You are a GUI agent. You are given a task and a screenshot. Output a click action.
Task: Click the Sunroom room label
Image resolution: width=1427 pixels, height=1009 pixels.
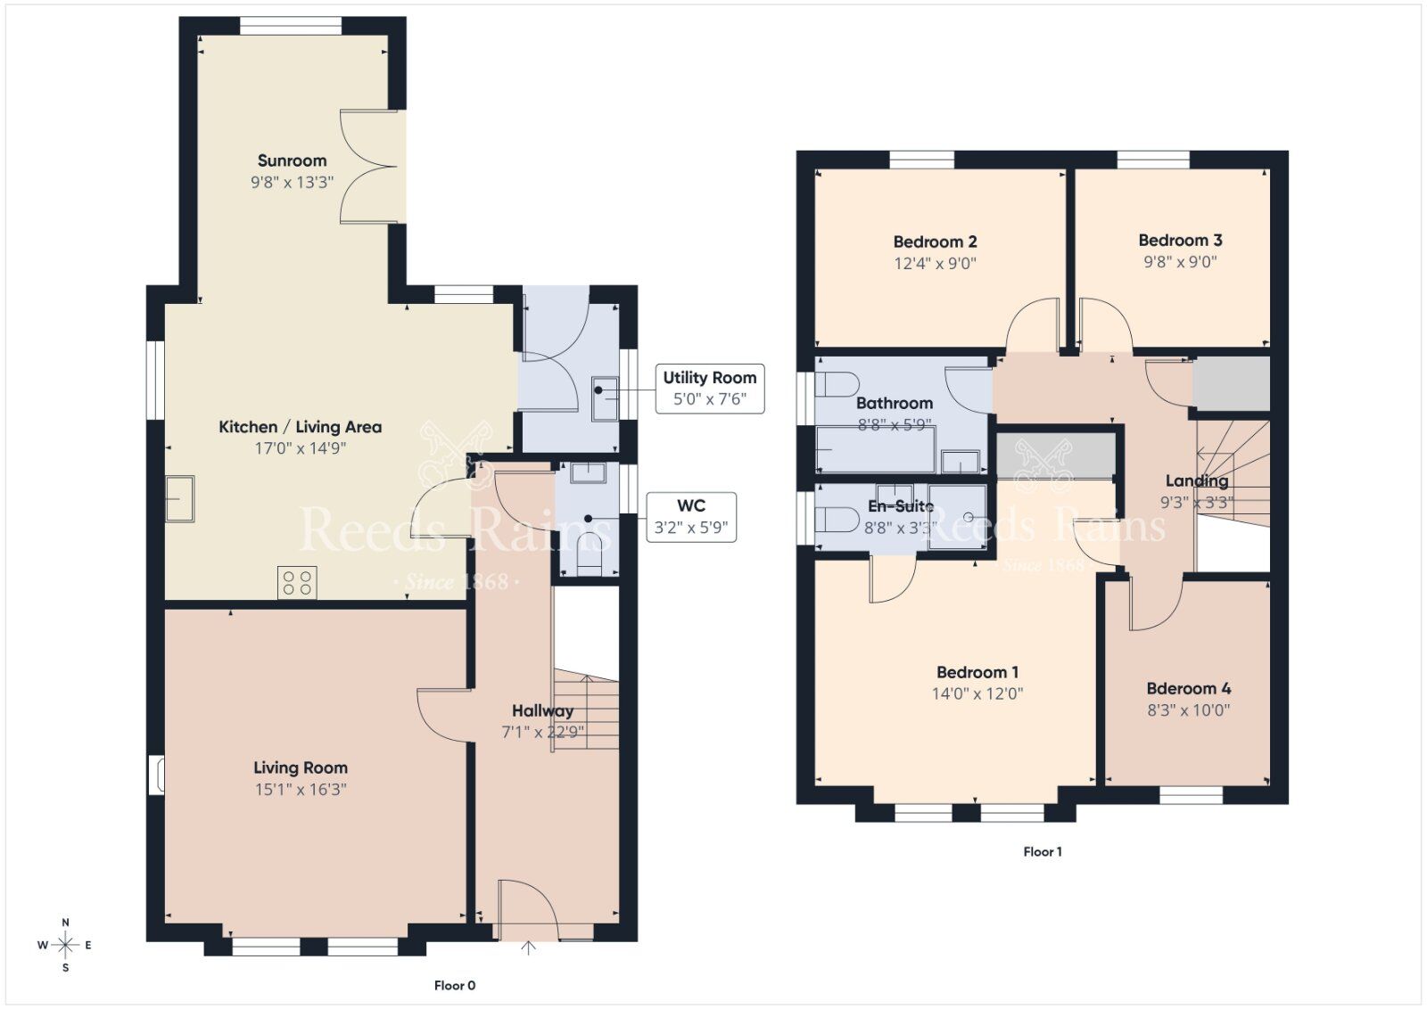click(x=292, y=161)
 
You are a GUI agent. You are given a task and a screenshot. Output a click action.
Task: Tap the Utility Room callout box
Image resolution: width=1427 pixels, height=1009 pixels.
click(x=709, y=388)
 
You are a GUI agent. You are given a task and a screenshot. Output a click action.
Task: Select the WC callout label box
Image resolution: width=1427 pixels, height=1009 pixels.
click(x=691, y=517)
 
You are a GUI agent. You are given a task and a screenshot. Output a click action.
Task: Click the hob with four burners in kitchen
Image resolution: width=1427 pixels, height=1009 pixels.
click(x=297, y=583)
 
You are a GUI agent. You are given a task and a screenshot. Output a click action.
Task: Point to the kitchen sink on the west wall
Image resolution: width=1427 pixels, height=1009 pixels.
click(x=179, y=498)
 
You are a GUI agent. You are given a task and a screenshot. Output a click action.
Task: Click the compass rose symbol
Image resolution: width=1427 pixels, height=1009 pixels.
click(x=65, y=945)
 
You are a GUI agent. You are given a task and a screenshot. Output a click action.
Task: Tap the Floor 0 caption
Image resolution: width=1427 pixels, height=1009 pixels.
click(x=455, y=985)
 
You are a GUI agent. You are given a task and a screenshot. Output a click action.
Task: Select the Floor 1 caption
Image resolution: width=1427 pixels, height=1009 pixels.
click(x=1042, y=851)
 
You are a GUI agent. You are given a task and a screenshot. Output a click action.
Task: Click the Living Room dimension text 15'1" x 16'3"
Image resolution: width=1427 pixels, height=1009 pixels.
click(x=301, y=789)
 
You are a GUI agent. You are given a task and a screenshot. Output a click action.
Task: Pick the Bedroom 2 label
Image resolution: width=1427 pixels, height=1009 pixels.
click(x=935, y=242)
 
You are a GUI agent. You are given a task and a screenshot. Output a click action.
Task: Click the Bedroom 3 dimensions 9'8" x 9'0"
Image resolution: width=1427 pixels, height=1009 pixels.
click(x=1180, y=262)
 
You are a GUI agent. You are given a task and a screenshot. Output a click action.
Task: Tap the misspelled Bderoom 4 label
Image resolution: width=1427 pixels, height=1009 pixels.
click(x=1188, y=688)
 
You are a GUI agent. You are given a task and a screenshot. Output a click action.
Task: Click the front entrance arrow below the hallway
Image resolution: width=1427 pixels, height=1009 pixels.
click(x=528, y=948)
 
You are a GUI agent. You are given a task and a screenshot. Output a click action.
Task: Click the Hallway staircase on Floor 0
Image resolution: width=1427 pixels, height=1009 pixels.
click(x=585, y=713)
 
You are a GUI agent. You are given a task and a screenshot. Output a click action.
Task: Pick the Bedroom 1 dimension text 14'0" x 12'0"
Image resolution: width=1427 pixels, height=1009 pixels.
click(x=977, y=693)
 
